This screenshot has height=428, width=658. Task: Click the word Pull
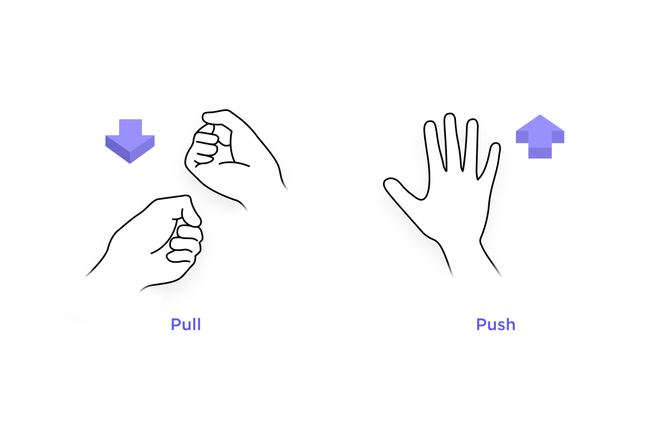185,324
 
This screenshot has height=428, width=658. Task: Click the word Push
495,324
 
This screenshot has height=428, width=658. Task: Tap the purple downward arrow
130,141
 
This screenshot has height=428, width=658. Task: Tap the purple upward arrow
540,137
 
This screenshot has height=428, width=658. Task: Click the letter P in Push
481,324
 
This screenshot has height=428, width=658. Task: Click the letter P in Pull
175,324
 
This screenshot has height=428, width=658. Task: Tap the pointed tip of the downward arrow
130,163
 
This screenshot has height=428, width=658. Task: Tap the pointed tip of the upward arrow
540,115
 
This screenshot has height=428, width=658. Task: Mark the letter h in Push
510,324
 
